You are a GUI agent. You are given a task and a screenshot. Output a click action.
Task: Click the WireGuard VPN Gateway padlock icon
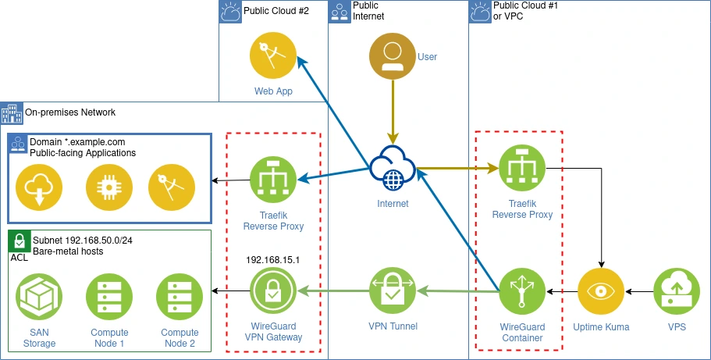[x=273, y=293]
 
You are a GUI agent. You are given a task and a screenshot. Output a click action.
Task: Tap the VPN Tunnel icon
[x=393, y=291]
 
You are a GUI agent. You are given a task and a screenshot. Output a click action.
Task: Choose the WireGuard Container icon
[x=522, y=292]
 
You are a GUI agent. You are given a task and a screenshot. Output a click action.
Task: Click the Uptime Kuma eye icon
[x=601, y=292]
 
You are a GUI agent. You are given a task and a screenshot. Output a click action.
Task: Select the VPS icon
[x=676, y=292]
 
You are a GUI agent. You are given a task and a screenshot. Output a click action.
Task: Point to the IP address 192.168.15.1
[x=273, y=259]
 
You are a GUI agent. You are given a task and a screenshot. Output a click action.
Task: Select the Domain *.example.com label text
[x=77, y=142]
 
